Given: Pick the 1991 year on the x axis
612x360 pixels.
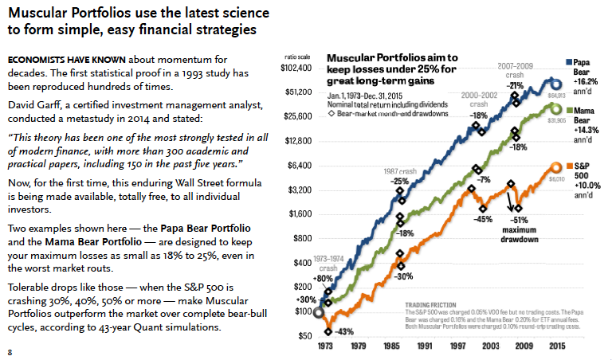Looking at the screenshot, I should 423,347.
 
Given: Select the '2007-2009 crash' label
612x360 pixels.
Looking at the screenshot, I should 515,70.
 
